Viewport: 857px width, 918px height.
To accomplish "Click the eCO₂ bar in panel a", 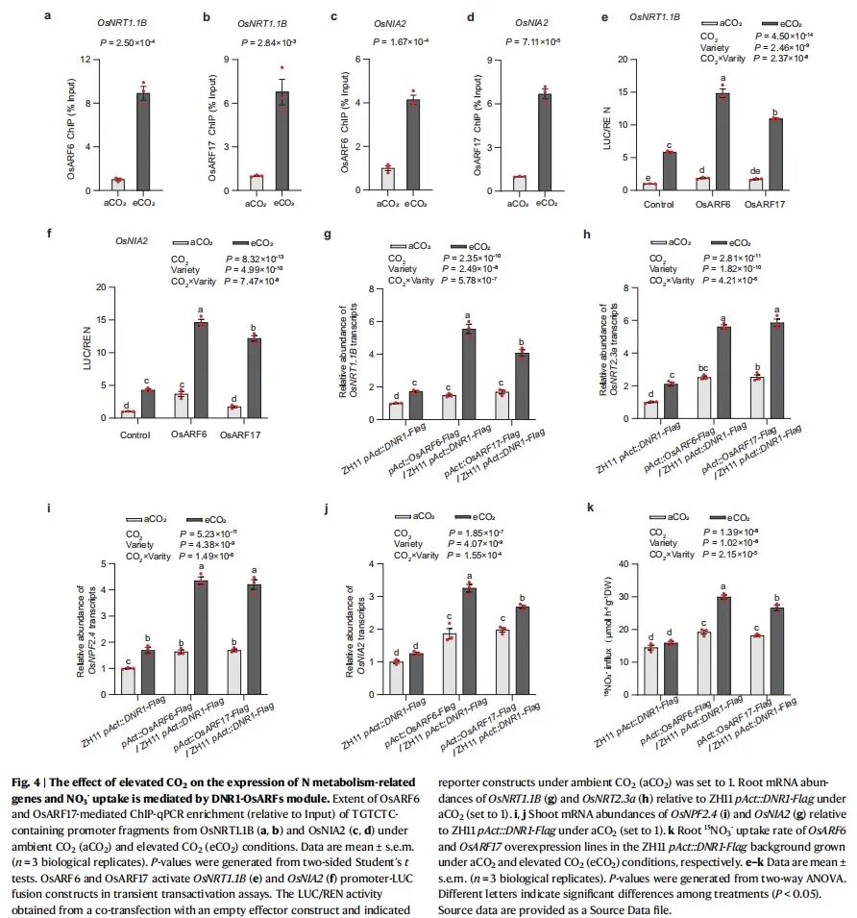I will click(143, 138).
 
